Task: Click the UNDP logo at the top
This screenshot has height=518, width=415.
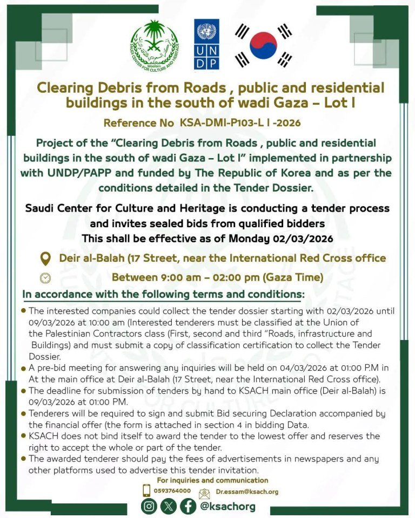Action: (x=206, y=44)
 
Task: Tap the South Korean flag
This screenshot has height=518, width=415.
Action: (x=263, y=45)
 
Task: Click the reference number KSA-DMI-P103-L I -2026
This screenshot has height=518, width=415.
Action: (x=240, y=122)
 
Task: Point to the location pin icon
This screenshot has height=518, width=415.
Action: (x=46, y=258)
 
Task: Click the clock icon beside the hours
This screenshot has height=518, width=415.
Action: (x=46, y=278)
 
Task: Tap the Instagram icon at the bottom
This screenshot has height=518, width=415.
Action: (x=149, y=506)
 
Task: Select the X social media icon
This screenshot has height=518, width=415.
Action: (x=169, y=506)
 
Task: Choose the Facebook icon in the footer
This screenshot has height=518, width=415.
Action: (x=188, y=506)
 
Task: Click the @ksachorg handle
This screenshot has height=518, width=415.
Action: (x=227, y=506)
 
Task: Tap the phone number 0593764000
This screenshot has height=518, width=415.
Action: (x=173, y=490)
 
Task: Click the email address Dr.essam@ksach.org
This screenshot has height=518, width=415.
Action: (x=247, y=492)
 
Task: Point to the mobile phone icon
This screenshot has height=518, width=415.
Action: (x=146, y=490)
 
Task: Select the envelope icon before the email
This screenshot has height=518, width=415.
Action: (x=204, y=492)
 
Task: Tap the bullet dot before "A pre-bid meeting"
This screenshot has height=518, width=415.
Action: (x=24, y=367)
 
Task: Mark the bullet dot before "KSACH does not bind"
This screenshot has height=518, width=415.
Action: (x=24, y=435)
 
